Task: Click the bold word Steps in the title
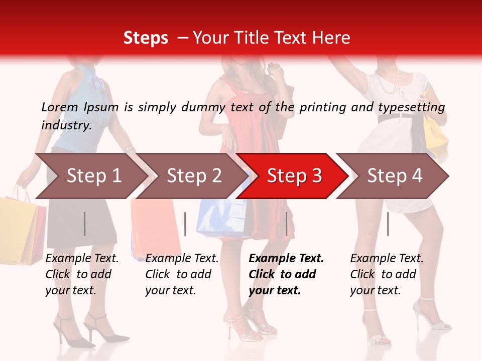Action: click(x=146, y=38)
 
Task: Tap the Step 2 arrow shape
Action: click(x=193, y=176)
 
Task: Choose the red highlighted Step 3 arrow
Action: click(x=294, y=176)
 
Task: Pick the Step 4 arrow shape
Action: click(x=394, y=176)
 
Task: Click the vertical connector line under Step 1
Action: click(x=85, y=224)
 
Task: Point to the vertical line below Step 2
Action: click(x=185, y=224)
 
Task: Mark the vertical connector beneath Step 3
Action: click(x=286, y=224)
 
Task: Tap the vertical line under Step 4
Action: click(x=388, y=224)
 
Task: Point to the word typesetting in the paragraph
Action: click(x=411, y=107)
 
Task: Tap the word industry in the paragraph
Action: click(x=66, y=125)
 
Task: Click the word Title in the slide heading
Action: click(x=273, y=38)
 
